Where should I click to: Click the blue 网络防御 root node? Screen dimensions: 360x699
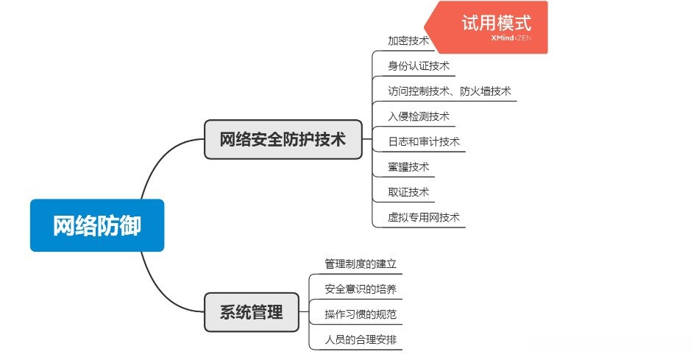[96, 225]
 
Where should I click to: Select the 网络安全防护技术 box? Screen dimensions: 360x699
[283, 139]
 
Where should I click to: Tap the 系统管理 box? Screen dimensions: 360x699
[251, 311]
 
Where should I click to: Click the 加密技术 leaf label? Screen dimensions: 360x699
[408, 40]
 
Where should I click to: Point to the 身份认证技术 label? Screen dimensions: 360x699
[418, 66]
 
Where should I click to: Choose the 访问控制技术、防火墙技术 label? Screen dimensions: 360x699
[449, 91]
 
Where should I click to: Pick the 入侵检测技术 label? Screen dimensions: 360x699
[418, 116]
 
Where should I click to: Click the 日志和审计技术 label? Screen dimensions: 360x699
[423, 141]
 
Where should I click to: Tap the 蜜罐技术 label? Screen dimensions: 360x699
[408, 167]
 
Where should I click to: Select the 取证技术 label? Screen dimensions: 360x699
[408, 192]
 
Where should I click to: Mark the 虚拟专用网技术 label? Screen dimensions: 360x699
[423, 217]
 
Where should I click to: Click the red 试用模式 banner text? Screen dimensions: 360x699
[496, 24]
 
